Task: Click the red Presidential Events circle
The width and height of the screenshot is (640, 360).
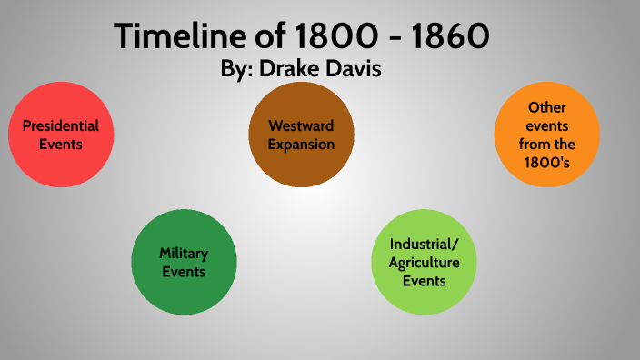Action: tap(61, 135)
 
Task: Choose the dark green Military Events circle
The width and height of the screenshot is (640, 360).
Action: tap(185, 262)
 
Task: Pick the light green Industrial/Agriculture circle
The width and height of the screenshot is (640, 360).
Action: tap(425, 262)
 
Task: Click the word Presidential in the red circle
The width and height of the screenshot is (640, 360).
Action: tap(61, 126)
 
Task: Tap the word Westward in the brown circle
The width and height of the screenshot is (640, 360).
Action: tap(301, 126)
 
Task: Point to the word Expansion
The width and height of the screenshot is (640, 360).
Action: tap(301, 144)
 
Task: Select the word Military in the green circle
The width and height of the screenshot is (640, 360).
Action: tap(185, 254)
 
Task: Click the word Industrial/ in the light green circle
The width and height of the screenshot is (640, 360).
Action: tap(425, 245)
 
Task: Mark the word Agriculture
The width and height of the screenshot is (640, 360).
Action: tap(425, 262)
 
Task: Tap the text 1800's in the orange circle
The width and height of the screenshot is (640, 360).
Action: tap(546, 162)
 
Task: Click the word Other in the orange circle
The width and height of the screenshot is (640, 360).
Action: tap(546, 107)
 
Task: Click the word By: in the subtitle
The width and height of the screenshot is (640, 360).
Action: tap(241, 69)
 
